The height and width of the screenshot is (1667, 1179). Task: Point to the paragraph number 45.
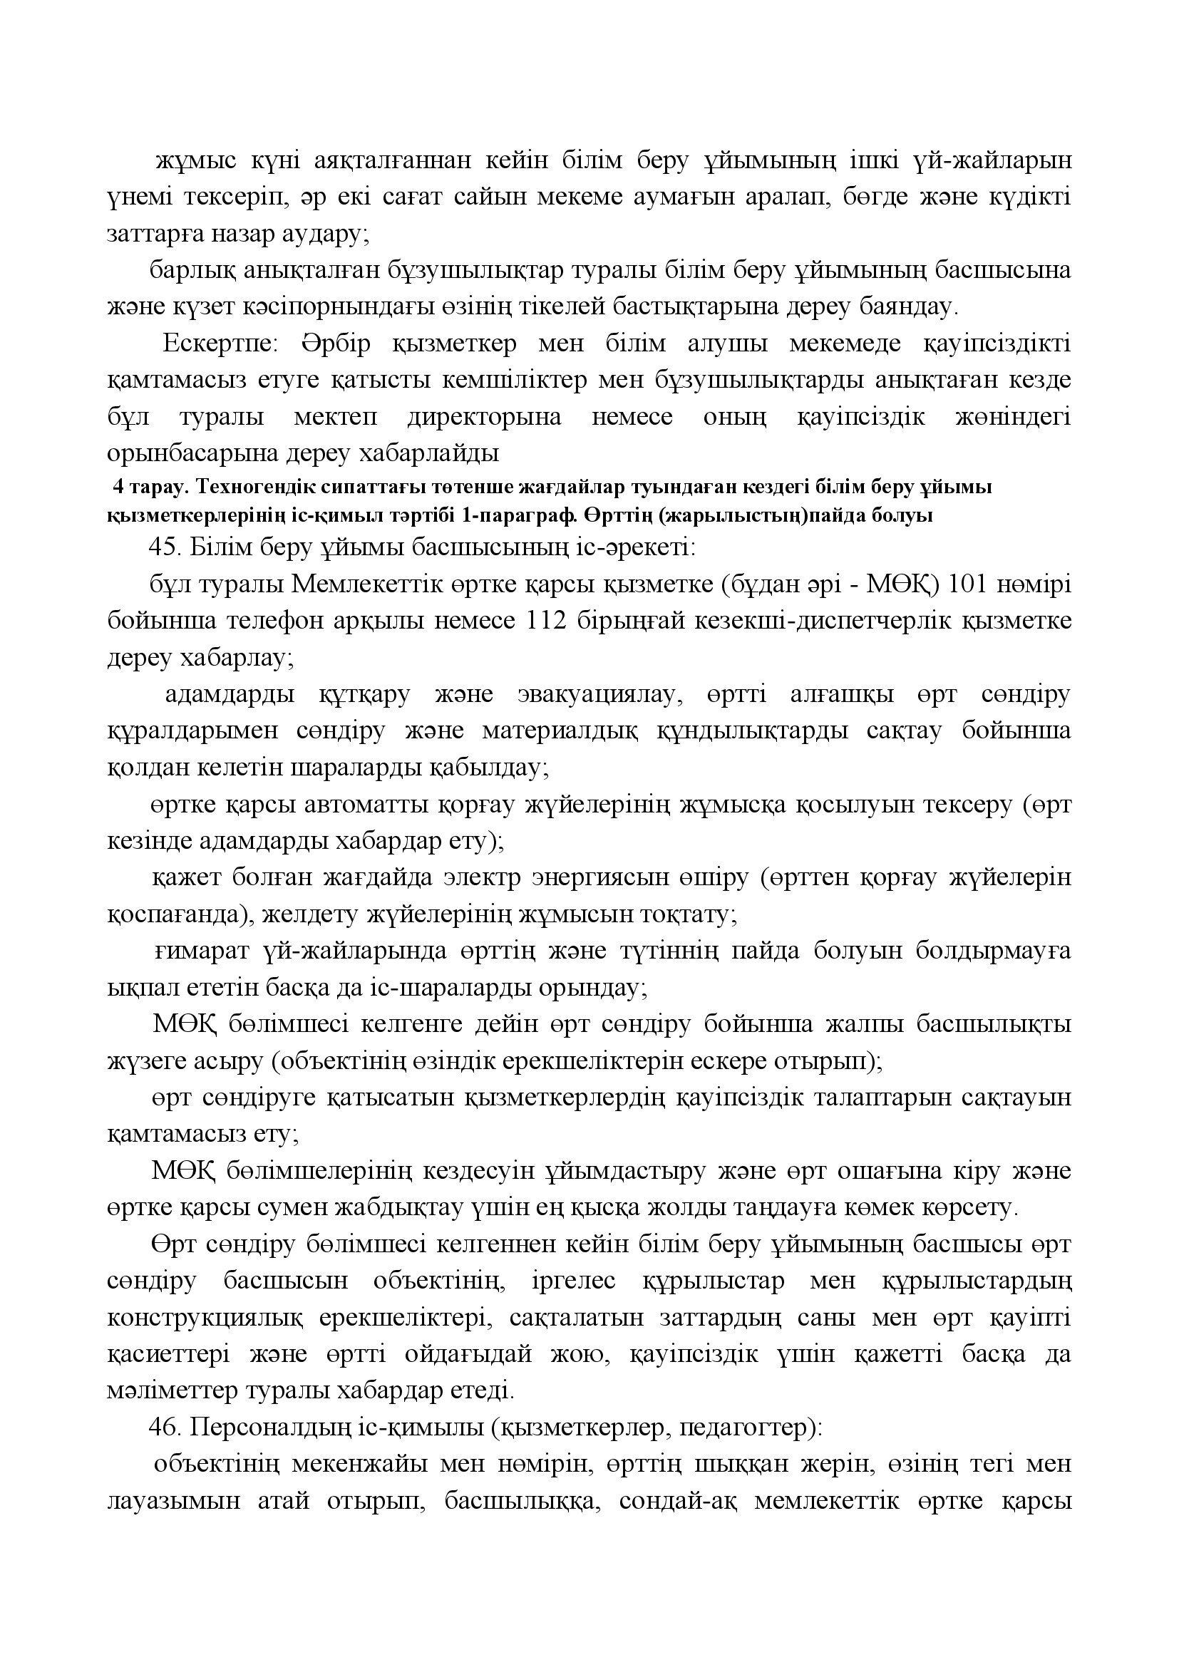tap(164, 547)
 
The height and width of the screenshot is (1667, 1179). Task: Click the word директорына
tap(484, 418)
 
